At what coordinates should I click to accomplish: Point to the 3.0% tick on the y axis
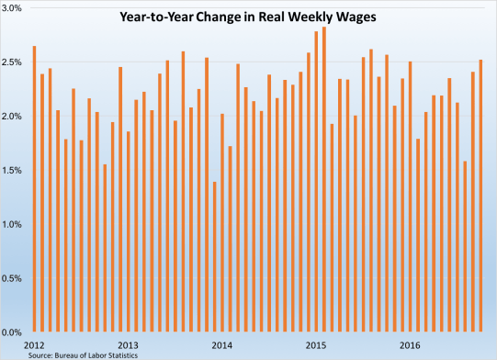tap(14, 8)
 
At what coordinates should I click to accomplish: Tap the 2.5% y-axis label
tap(14, 62)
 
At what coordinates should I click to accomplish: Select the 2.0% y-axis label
tap(14, 117)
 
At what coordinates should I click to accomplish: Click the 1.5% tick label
tap(14, 170)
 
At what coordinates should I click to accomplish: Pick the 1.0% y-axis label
tap(14, 224)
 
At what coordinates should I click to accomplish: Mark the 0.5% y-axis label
tap(14, 277)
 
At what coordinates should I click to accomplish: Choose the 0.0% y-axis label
tap(14, 332)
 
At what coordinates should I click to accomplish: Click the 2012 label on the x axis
tap(34, 345)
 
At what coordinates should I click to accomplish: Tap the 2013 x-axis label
tap(128, 345)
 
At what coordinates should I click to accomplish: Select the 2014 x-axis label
tap(221, 345)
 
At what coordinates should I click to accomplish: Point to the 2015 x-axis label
tap(315, 345)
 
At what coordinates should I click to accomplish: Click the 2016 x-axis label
tap(410, 345)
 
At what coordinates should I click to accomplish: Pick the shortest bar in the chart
tap(214, 257)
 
